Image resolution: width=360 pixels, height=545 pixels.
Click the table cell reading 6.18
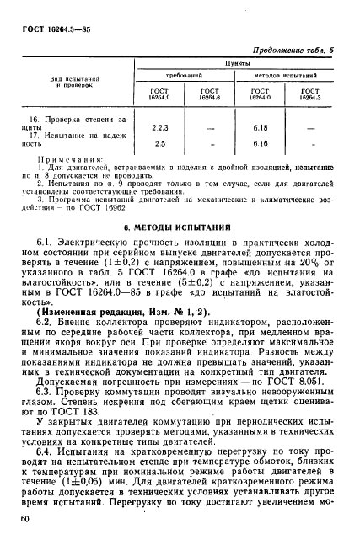click(261, 127)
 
